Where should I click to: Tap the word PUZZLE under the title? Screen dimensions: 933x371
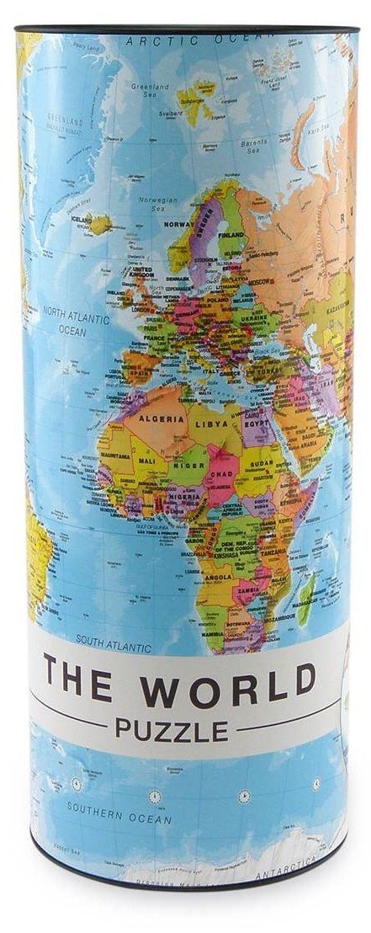tap(172, 726)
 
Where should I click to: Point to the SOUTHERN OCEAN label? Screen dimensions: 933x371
tap(109, 817)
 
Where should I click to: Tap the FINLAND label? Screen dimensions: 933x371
tap(231, 235)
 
